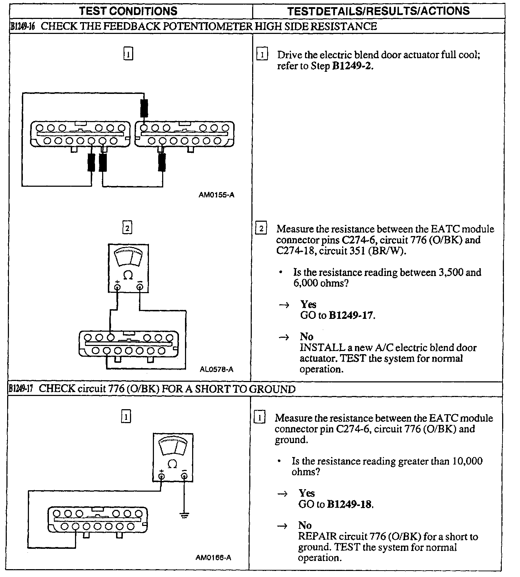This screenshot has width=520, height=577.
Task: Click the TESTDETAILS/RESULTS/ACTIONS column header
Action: [x=378, y=11]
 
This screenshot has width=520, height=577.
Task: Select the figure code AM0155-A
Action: [x=217, y=195]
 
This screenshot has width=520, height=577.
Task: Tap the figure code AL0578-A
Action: [x=217, y=370]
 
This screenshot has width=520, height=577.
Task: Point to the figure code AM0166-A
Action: [x=213, y=567]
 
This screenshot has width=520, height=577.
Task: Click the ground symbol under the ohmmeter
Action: [x=184, y=516]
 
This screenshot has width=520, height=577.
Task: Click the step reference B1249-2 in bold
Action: [x=352, y=66]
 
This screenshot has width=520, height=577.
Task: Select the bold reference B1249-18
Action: [x=350, y=505]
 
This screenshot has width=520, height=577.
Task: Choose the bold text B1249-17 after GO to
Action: [x=351, y=316]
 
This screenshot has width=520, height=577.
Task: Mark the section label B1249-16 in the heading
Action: [x=22, y=27]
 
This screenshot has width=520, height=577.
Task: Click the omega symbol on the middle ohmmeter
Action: [x=128, y=275]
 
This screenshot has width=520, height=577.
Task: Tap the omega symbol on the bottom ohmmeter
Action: [x=172, y=464]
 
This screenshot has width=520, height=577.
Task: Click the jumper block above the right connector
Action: [x=144, y=108]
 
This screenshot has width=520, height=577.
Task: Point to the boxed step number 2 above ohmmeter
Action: [x=127, y=228]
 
